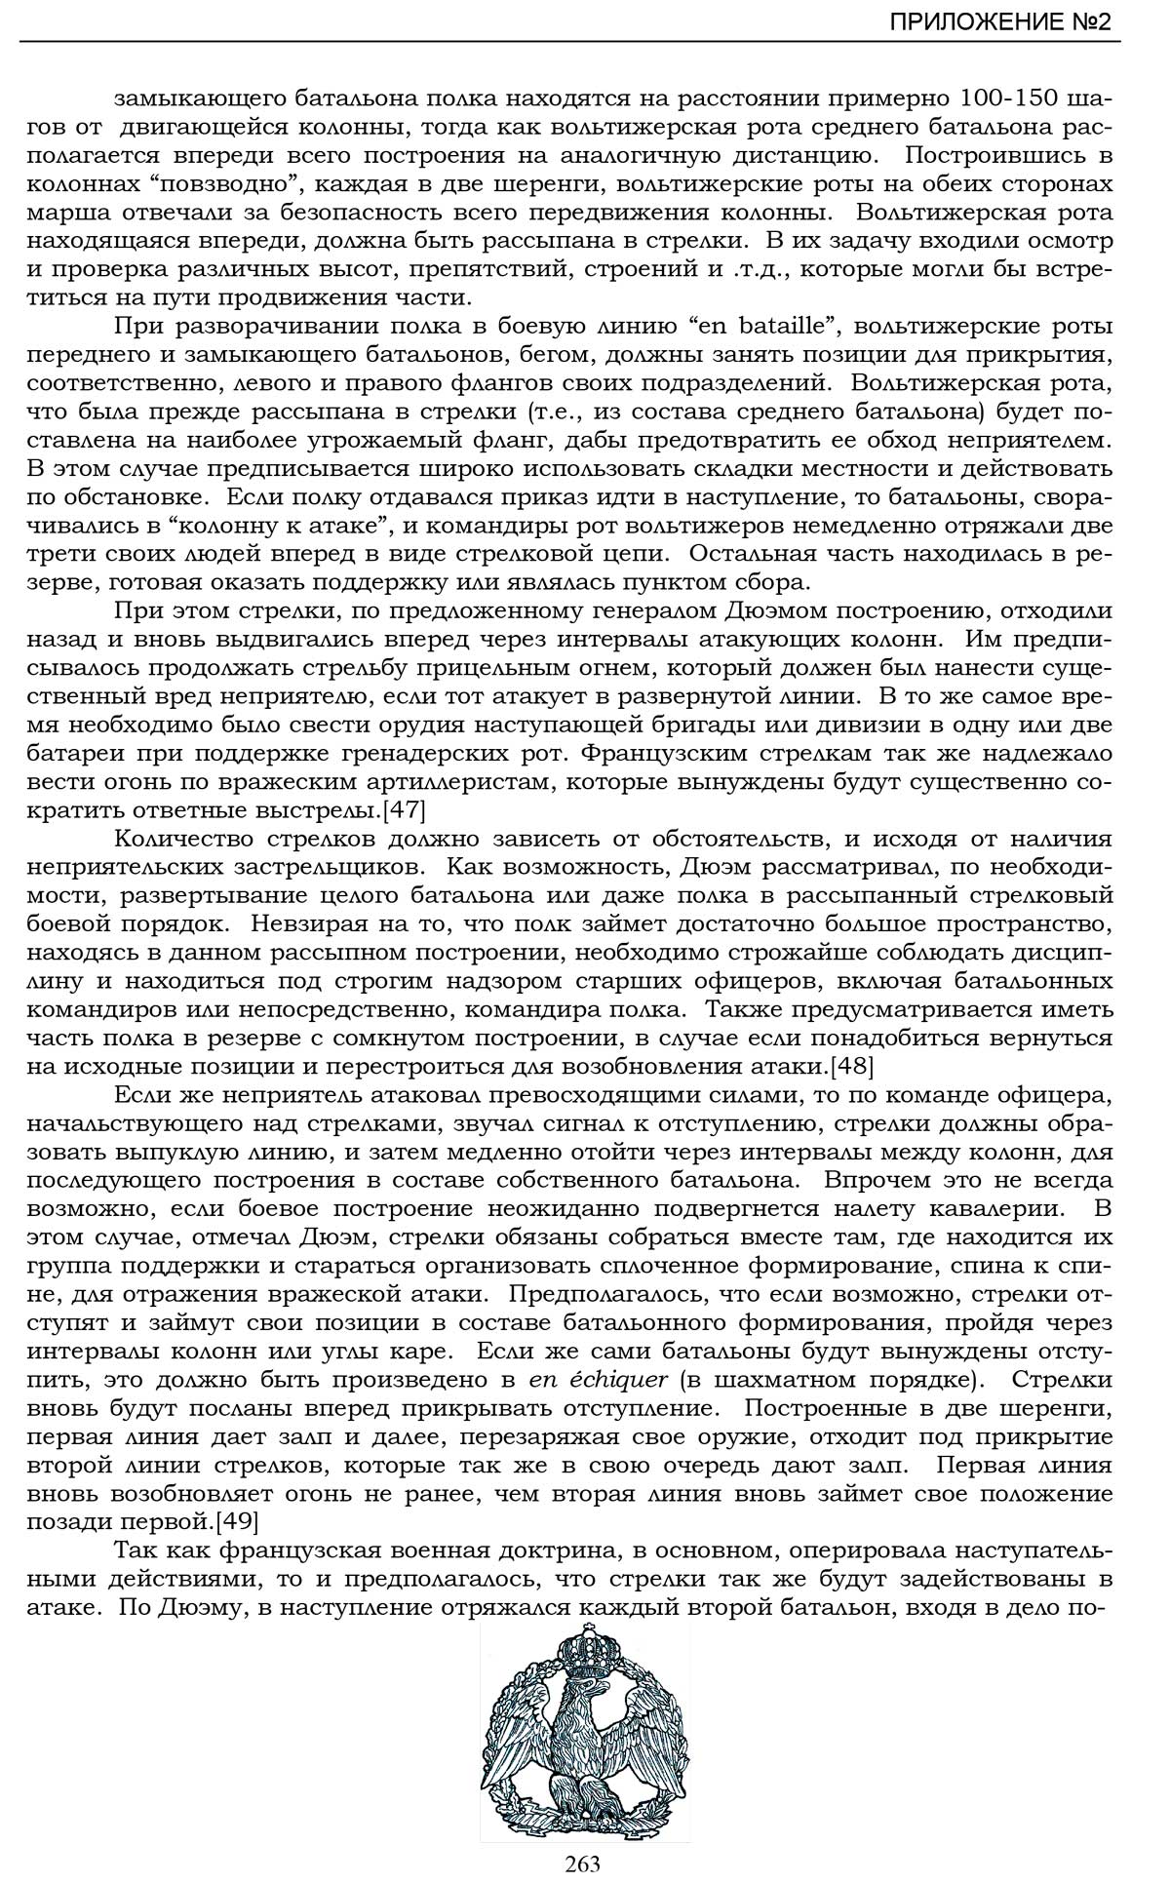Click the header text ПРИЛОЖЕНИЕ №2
click(999, 22)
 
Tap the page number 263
click(582, 1864)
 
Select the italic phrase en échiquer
click(598, 1380)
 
